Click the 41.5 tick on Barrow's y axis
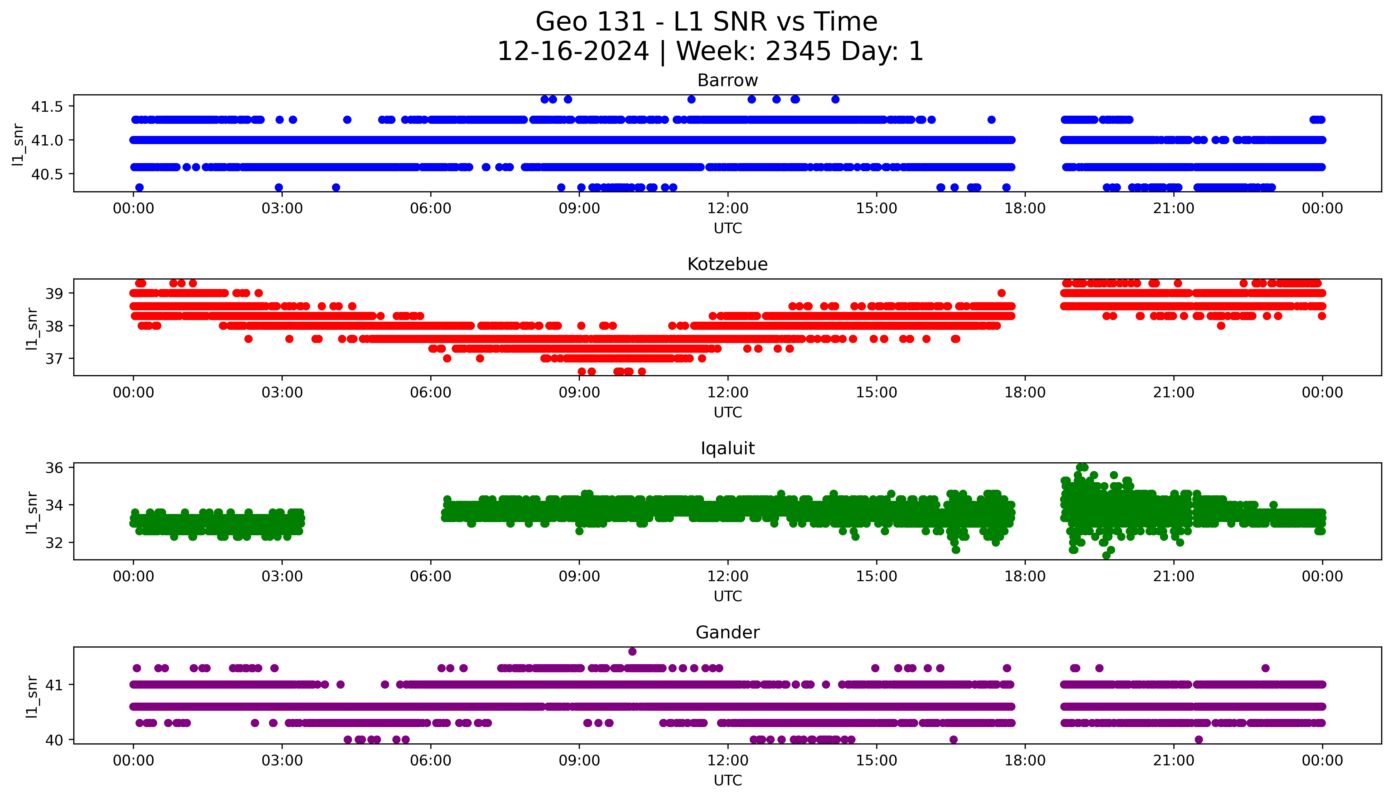[x=47, y=106]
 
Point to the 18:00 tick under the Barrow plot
[x=1025, y=209]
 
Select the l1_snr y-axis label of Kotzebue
[x=32, y=328]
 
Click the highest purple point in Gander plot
[x=632, y=651]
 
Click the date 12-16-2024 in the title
[x=573, y=52]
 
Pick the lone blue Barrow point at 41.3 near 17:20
[x=991, y=120]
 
